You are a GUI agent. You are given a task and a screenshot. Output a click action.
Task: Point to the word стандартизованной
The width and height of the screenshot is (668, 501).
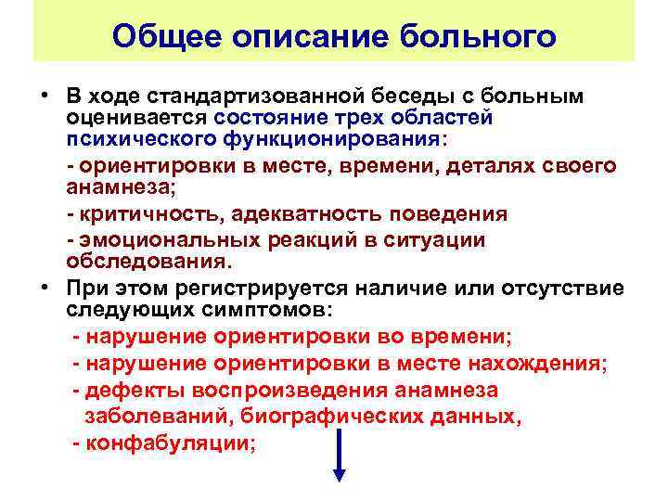(242, 97)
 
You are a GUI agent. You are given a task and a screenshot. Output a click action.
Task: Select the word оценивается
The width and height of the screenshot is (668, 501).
(136, 118)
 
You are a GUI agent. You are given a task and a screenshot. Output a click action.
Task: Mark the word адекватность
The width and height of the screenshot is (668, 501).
(305, 213)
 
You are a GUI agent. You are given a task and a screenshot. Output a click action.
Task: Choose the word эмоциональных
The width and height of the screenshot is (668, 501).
(171, 238)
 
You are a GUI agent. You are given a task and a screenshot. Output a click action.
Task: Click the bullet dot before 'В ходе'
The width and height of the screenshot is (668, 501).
(45, 97)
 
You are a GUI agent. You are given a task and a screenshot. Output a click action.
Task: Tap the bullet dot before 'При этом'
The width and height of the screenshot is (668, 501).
(45, 285)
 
